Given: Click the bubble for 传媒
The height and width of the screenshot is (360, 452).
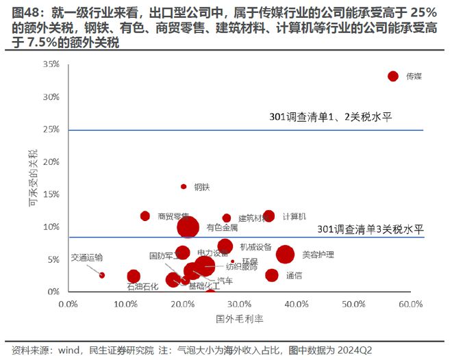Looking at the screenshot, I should coord(392,76).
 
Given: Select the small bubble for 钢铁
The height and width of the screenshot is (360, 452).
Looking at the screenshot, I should coord(184,186).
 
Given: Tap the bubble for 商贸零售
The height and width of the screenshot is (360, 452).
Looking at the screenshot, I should coord(145,216).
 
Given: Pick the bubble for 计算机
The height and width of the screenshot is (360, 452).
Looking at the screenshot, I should coord(268,216).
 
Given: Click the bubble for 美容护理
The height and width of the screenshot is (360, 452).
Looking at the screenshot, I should coord(286,255).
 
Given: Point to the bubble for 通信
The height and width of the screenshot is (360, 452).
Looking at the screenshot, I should coord(272,275).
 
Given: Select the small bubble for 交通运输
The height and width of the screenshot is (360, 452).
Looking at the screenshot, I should coord(102,275).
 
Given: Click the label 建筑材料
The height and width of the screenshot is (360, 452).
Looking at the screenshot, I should coord(253,218).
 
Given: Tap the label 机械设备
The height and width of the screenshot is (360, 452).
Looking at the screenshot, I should coord(255,246).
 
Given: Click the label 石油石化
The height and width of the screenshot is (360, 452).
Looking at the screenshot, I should coord(142,286).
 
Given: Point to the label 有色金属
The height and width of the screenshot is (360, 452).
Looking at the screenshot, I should coord(222,227).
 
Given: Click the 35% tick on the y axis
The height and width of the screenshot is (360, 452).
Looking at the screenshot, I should coord(51,64).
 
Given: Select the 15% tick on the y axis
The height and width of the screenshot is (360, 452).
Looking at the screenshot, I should coord(51,194).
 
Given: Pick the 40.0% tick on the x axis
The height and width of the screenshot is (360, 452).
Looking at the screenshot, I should coord(296,303).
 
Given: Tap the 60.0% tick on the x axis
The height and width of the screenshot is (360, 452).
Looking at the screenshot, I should coord(410,303).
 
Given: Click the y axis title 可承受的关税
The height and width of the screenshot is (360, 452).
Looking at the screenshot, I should coord(32,180).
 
